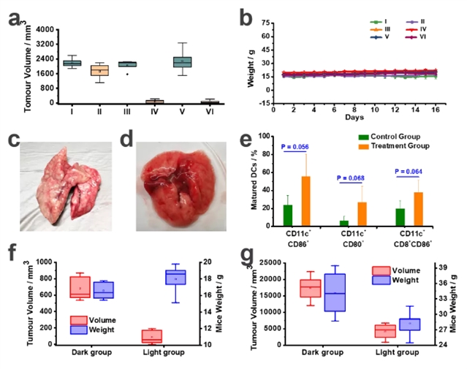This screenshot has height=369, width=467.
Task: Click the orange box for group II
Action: [99, 70]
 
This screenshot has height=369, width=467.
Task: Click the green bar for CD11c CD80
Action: [344, 224]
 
